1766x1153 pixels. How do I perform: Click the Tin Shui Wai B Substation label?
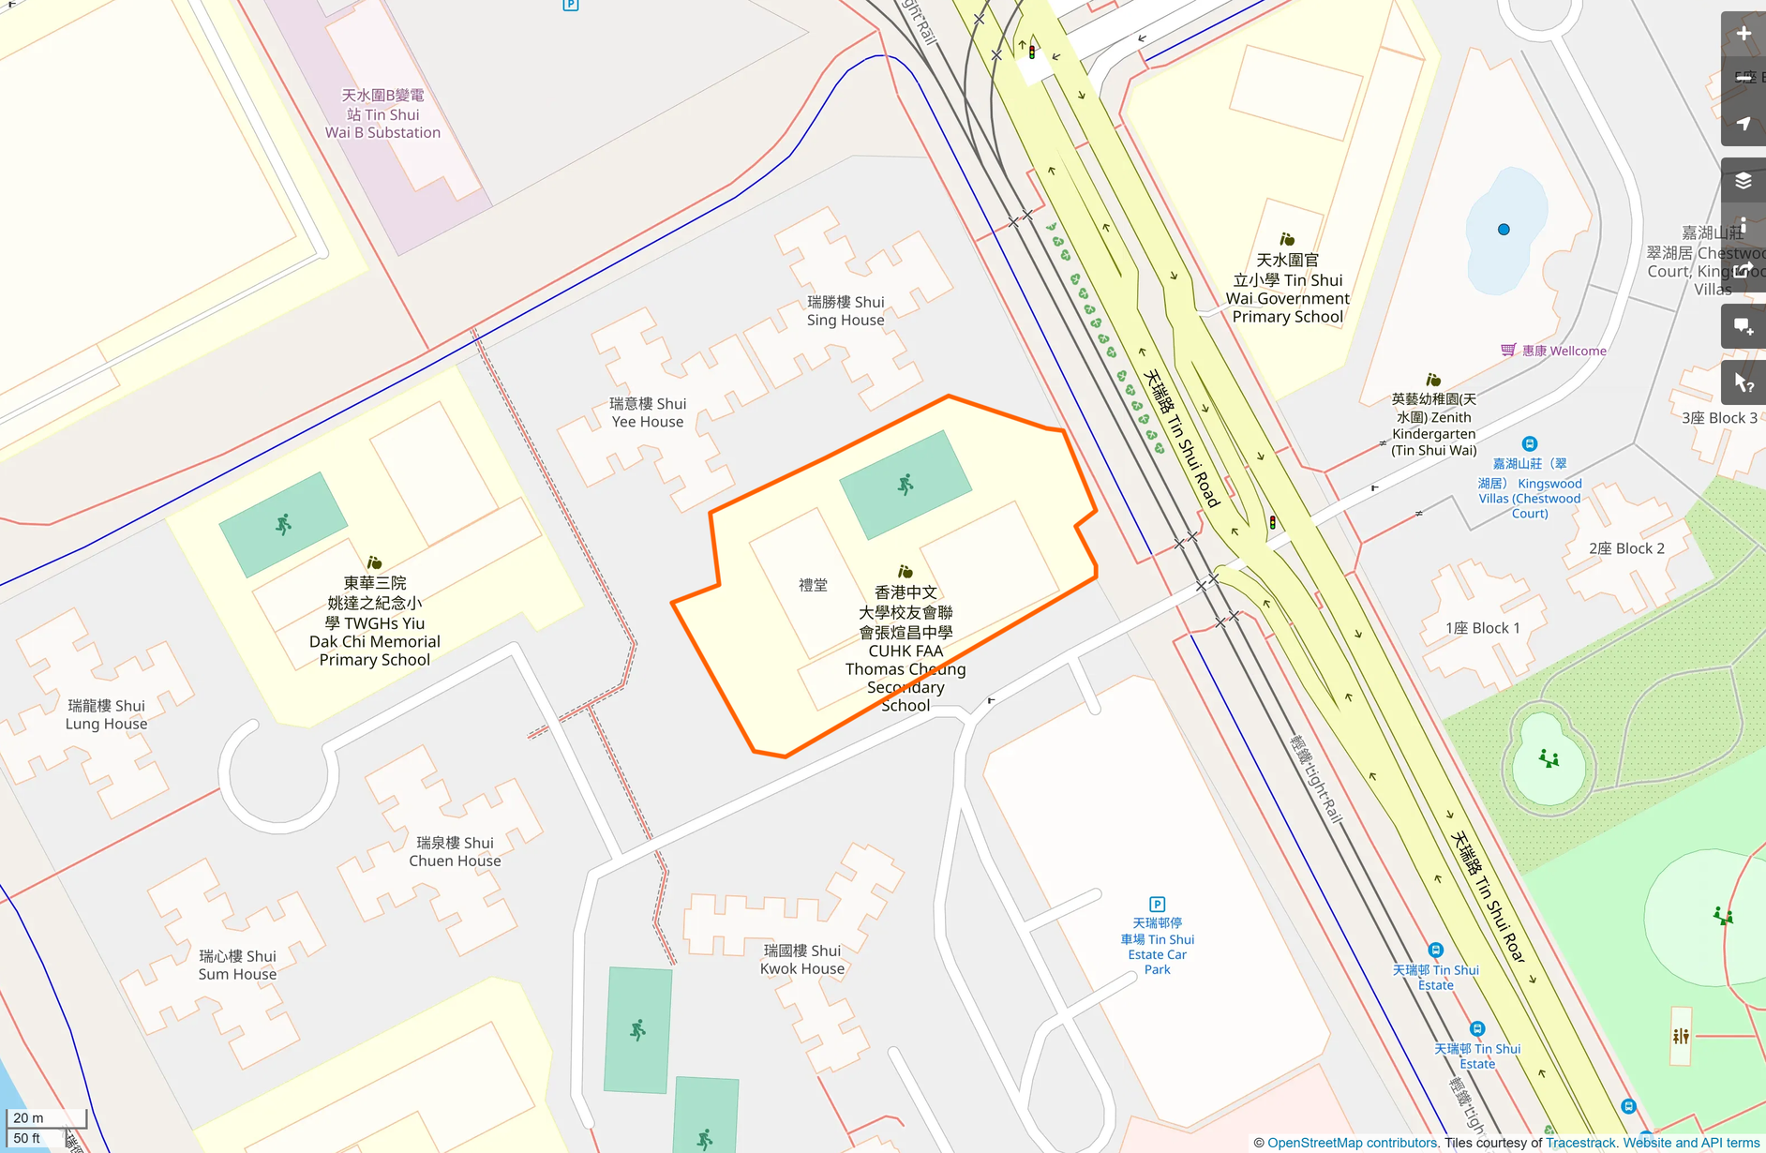coord(382,113)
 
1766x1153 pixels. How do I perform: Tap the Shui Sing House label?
coord(846,311)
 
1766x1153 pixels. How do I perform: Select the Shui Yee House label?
coord(648,412)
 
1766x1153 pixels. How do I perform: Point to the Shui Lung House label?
coord(106,714)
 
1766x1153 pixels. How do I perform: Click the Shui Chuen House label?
coord(455,851)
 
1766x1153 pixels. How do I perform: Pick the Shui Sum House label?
coord(237,965)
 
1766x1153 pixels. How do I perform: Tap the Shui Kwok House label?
coord(801,959)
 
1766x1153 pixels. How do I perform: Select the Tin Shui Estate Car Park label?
coord(1157,946)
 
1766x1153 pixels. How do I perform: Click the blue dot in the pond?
coord(1504,230)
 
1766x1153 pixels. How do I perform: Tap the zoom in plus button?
coord(1743,35)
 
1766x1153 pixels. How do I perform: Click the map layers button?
coord(1743,181)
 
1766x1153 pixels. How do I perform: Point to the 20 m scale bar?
coord(45,1117)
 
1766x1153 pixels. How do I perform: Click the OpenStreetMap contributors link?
coord(1352,1143)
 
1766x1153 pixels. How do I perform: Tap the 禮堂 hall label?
coord(813,585)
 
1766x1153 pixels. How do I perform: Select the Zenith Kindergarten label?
coord(1433,425)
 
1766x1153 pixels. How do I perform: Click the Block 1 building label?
coord(1482,628)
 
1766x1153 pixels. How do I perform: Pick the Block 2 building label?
coord(1626,548)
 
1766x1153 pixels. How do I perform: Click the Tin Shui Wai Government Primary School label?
coord(1287,288)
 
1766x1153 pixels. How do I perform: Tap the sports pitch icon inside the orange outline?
coord(905,485)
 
